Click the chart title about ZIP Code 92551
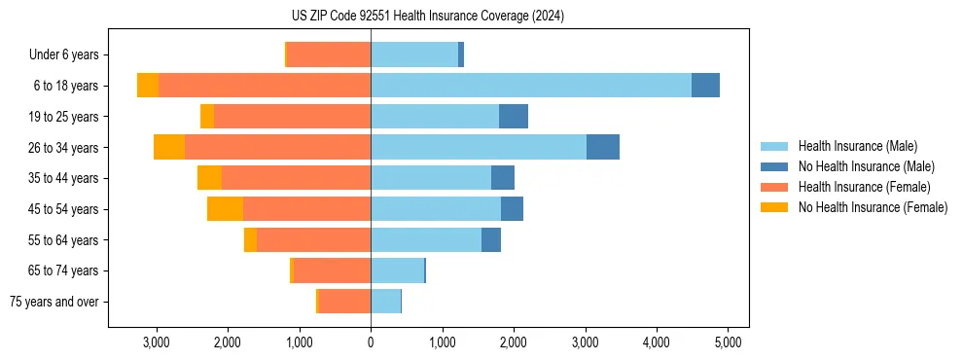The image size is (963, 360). click(427, 17)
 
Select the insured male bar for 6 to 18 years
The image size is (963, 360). click(531, 86)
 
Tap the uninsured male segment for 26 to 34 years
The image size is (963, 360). click(603, 147)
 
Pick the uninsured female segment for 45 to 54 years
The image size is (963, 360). click(225, 209)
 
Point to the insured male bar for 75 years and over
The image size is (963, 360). click(385, 302)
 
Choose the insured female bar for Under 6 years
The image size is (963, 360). click(329, 54)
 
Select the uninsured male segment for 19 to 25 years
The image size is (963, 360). click(514, 117)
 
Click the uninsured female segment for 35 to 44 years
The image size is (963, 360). click(209, 178)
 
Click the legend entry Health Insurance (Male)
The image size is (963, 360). click(857, 146)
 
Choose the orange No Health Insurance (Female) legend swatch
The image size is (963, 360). click(774, 207)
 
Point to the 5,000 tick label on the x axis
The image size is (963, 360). click(729, 342)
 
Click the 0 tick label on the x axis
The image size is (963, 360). click(371, 342)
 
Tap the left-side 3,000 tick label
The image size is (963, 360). click(156, 342)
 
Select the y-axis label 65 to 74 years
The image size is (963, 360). click(64, 270)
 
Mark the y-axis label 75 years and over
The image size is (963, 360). click(54, 302)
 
